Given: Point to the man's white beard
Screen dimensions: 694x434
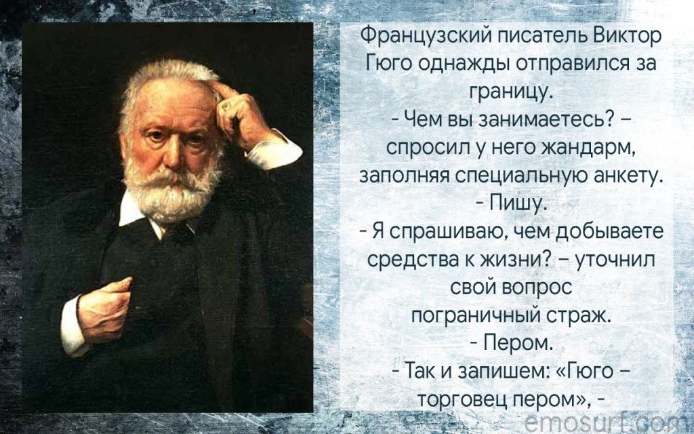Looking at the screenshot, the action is tap(174, 191).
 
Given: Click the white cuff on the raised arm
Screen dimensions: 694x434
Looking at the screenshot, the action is tap(273, 151).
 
